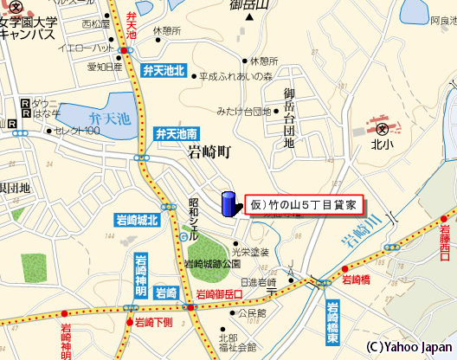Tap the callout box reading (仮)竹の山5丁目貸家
[303, 205]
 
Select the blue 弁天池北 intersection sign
[164, 69]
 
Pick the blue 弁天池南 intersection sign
[176, 133]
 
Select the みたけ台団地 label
[244, 112]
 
